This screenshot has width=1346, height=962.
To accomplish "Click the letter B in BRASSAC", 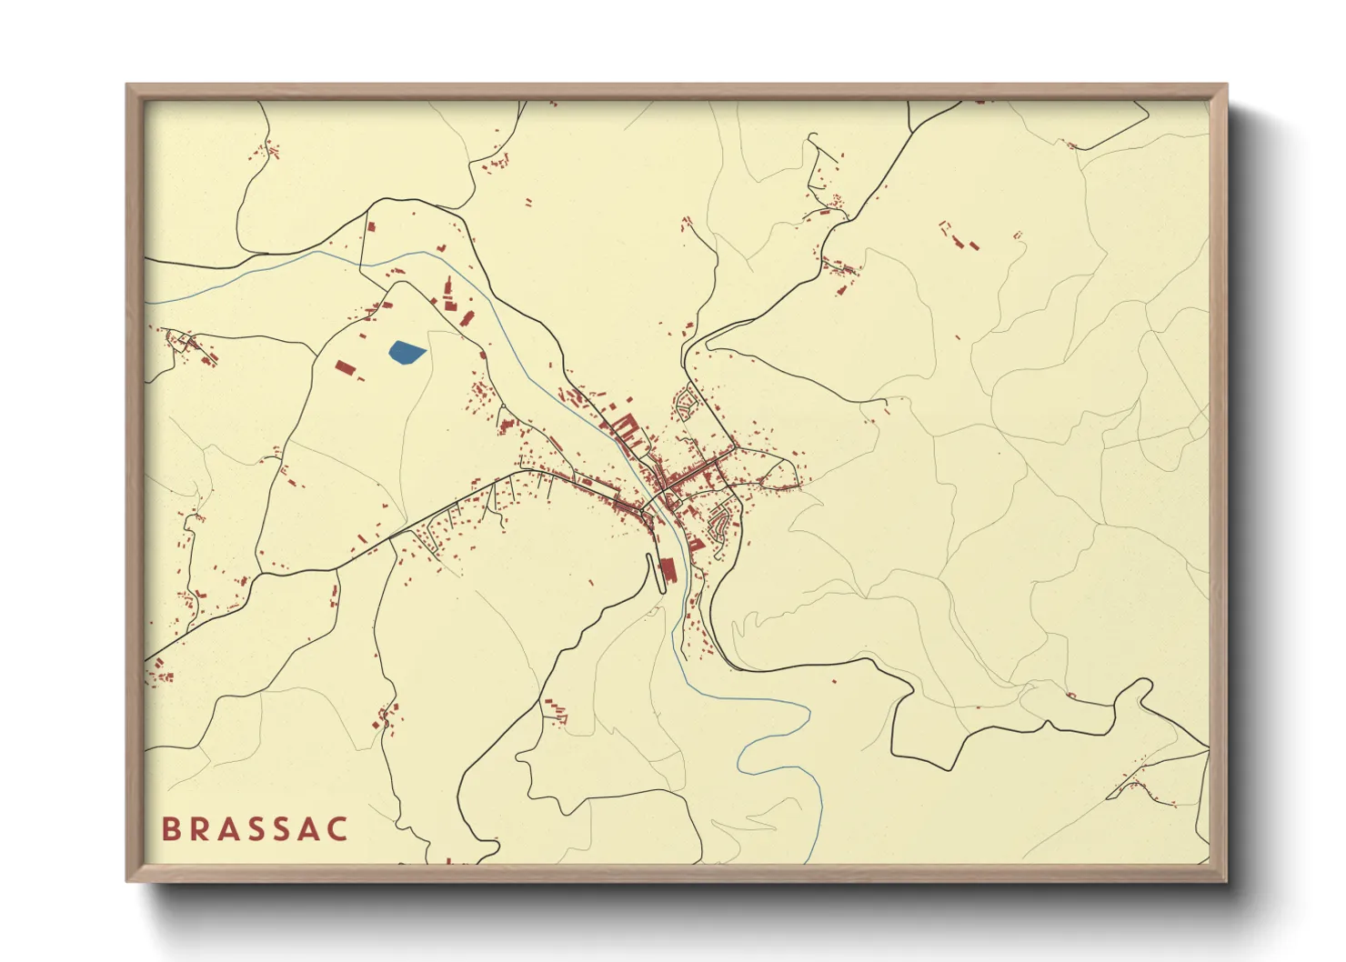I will pos(169,829).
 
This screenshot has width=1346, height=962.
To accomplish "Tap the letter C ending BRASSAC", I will pos(338,829).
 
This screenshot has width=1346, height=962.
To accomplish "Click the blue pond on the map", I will pos(406,352).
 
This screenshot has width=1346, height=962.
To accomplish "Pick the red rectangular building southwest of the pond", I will pos(344,367).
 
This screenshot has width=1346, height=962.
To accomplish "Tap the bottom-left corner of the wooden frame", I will pos(128,879).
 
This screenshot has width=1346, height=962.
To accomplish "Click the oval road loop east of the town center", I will pos(780,473).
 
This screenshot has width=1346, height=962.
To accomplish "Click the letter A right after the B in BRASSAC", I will pos(226,829).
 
